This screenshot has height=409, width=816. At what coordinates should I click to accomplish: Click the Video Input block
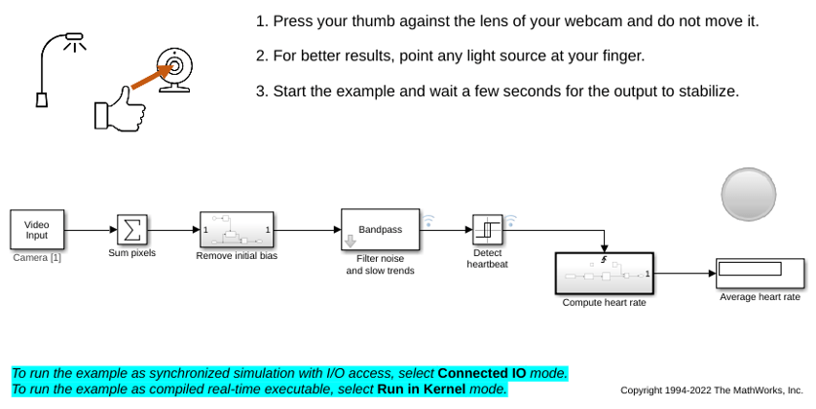pyautogui.click(x=37, y=230)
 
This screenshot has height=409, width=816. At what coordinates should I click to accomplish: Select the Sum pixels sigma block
pyautogui.click(x=132, y=230)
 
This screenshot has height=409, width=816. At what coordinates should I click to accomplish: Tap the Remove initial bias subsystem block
pyautogui.click(x=237, y=230)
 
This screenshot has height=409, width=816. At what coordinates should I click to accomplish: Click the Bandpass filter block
pyautogui.click(x=381, y=230)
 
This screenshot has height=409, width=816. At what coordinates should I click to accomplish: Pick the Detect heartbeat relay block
pyautogui.click(x=488, y=230)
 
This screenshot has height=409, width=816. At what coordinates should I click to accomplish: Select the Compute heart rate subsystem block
pyautogui.click(x=604, y=274)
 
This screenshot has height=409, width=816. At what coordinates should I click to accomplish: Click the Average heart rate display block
pyautogui.click(x=760, y=274)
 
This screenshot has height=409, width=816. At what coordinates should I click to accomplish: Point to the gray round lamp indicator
pyautogui.click(x=749, y=194)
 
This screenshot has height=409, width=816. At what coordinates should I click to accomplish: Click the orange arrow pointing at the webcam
pyautogui.click(x=153, y=76)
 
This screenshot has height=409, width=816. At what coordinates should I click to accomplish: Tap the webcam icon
pyautogui.click(x=175, y=70)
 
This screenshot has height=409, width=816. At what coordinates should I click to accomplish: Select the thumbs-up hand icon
pyautogui.click(x=120, y=110)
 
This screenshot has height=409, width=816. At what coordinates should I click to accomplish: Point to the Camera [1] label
pyautogui.click(x=37, y=258)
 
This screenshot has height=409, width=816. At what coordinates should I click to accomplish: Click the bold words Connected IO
pyautogui.click(x=482, y=373)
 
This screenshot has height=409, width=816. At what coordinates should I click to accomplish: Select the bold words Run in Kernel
pyautogui.click(x=421, y=389)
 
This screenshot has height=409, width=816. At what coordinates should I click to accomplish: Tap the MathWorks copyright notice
pyautogui.click(x=712, y=390)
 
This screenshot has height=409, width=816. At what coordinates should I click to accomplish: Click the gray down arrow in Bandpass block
pyautogui.click(x=351, y=241)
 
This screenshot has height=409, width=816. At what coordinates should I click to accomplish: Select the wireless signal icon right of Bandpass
pyautogui.click(x=428, y=221)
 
